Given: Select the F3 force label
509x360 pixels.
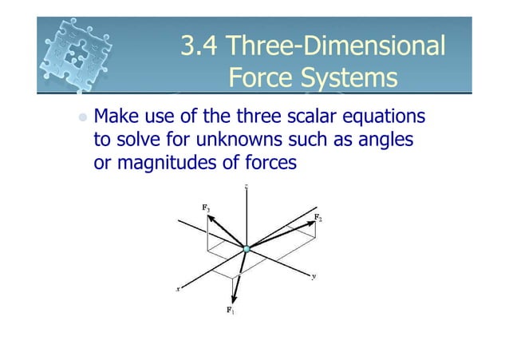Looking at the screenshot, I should point(206,208).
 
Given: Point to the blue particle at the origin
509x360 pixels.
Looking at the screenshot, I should point(247,250).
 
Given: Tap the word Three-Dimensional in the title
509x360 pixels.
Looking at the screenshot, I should point(335,47).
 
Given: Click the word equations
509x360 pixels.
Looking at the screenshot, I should point(384,118).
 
